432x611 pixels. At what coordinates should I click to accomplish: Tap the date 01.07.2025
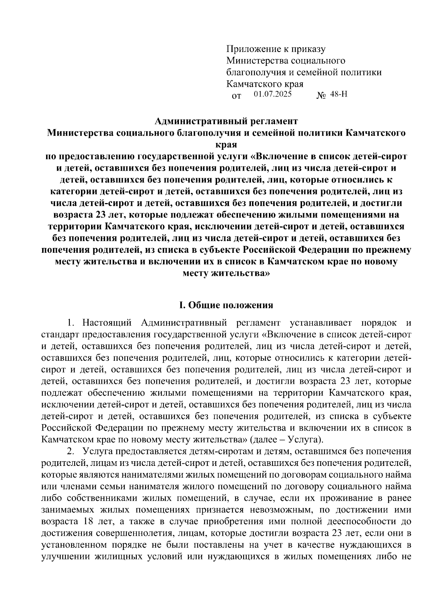(273, 94)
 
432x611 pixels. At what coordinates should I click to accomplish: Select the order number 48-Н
(339, 95)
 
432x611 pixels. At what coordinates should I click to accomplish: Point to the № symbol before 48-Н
(321, 96)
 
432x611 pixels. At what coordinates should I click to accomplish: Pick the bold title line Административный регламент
(226, 121)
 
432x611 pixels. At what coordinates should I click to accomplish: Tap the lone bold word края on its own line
(226, 145)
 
